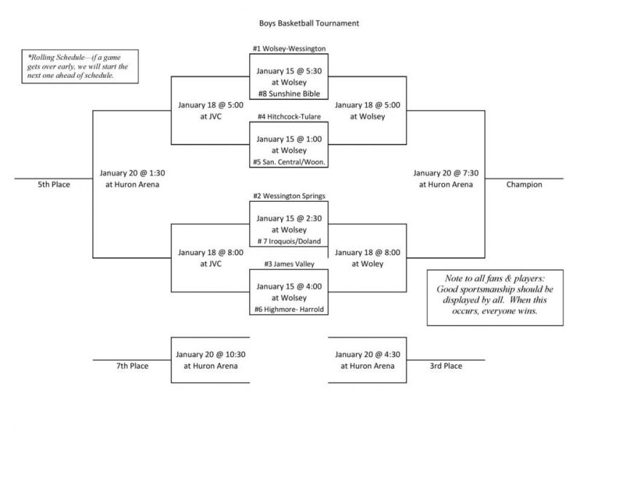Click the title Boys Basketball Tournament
click(309, 23)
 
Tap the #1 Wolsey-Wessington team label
click(289, 49)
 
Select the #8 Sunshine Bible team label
click(289, 93)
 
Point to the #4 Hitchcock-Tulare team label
click(289, 117)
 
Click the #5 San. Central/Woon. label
click(289, 162)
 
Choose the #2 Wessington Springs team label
click(289, 196)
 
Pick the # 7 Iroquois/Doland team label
click(289, 241)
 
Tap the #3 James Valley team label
click(289, 264)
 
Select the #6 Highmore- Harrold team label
click(289, 310)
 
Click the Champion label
click(524, 184)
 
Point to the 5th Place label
click(54, 184)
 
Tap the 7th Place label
click(133, 366)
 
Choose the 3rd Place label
click(446, 366)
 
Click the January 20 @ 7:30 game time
click(446, 173)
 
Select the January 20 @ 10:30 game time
click(210, 354)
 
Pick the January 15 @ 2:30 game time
click(289, 219)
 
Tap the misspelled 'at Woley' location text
click(367, 264)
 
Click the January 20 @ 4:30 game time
click(367, 354)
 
